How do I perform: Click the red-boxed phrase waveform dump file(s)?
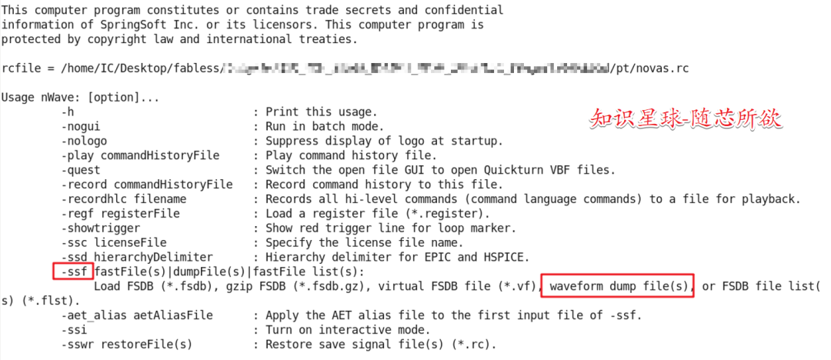click(x=618, y=285)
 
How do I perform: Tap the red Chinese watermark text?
click(x=685, y=118)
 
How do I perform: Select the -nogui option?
click(x=81, y=126)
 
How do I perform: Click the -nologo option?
click(x=84, y=141)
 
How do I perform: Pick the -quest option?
click(x=81, y=170)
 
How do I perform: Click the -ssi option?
click(x=75, y=329)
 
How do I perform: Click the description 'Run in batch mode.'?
click(x=324, y=126)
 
